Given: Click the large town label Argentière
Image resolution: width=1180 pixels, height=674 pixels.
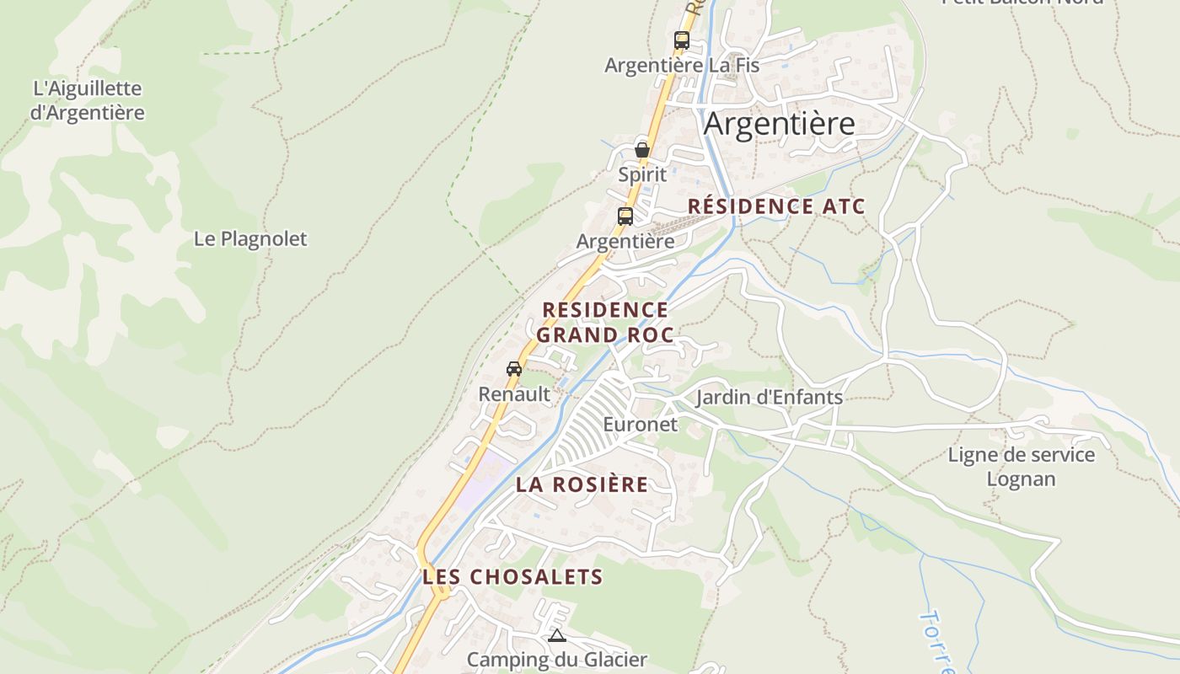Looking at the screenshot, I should (779, 124).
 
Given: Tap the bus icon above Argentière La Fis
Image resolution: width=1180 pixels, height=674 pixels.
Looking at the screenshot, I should (682, 40).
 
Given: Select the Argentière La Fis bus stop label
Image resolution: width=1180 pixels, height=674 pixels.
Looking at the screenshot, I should (682, 65).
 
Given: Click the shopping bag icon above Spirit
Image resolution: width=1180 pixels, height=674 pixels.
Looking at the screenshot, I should (642, 150).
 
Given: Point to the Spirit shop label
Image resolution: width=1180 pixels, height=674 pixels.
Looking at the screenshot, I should (642, 174).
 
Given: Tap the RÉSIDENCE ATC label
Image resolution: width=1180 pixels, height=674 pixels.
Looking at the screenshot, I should (776, 206).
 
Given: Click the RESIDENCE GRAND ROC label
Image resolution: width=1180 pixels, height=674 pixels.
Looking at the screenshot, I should (605, 323).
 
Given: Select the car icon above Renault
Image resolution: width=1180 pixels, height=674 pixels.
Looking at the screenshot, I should (514, 368).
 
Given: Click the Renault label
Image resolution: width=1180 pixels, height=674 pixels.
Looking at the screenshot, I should (514, 393).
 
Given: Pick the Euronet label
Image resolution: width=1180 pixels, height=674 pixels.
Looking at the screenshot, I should (641, 424).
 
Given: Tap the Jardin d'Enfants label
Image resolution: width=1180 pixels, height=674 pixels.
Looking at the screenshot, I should (769, 397).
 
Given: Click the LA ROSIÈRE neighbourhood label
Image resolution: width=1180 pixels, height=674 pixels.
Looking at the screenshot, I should (582, 484).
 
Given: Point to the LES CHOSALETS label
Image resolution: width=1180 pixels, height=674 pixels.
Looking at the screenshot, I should (512, 577).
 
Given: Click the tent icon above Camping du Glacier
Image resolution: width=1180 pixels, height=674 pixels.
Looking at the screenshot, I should (556, 635).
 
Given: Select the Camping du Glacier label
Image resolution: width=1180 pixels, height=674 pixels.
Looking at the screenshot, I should (556, 660).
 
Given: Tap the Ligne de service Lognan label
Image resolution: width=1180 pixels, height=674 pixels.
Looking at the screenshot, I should (1022, 467).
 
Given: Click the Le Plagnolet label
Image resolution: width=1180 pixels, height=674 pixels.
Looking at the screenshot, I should (250, 238).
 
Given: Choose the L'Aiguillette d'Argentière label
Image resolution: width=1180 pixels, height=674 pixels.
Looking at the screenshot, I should (88, 100).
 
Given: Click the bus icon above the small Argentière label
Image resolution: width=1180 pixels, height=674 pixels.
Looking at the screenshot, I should (625, 216).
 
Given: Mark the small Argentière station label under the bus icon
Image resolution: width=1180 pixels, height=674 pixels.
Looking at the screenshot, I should (625, 241).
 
